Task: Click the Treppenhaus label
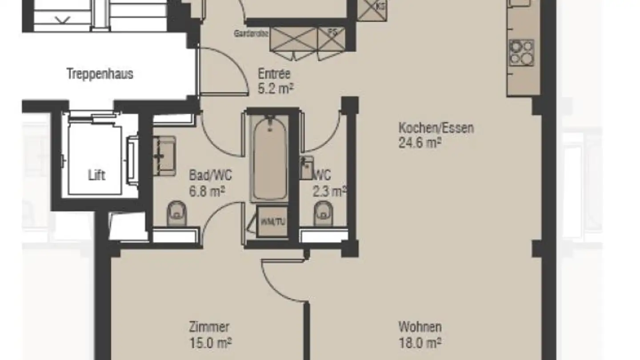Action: click(100, 74)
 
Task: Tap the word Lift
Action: click(97, 175)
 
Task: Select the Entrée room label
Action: click(274, 74)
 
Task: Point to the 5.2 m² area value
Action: click(276, 88)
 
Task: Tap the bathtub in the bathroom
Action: click(269, 158)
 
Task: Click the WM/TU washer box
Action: click(273, 221)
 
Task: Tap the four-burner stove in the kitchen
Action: click(521, 53)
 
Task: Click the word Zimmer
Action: click(209, 327)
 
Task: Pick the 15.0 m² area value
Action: click(210, 343)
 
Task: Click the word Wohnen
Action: click(420, 327)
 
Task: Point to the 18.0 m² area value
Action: click(420, 343)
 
